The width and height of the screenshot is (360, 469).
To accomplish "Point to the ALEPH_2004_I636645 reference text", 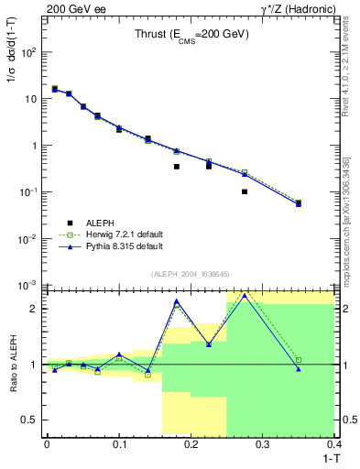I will point(191,274).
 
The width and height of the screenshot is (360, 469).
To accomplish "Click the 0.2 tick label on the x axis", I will point(191,443).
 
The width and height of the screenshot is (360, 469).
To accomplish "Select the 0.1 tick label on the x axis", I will point(118,443).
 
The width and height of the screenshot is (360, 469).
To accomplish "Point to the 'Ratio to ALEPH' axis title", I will point(13,365).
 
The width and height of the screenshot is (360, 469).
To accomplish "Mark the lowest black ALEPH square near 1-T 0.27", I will point(245,191).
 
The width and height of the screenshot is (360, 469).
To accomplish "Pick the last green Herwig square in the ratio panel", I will point(299,360).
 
